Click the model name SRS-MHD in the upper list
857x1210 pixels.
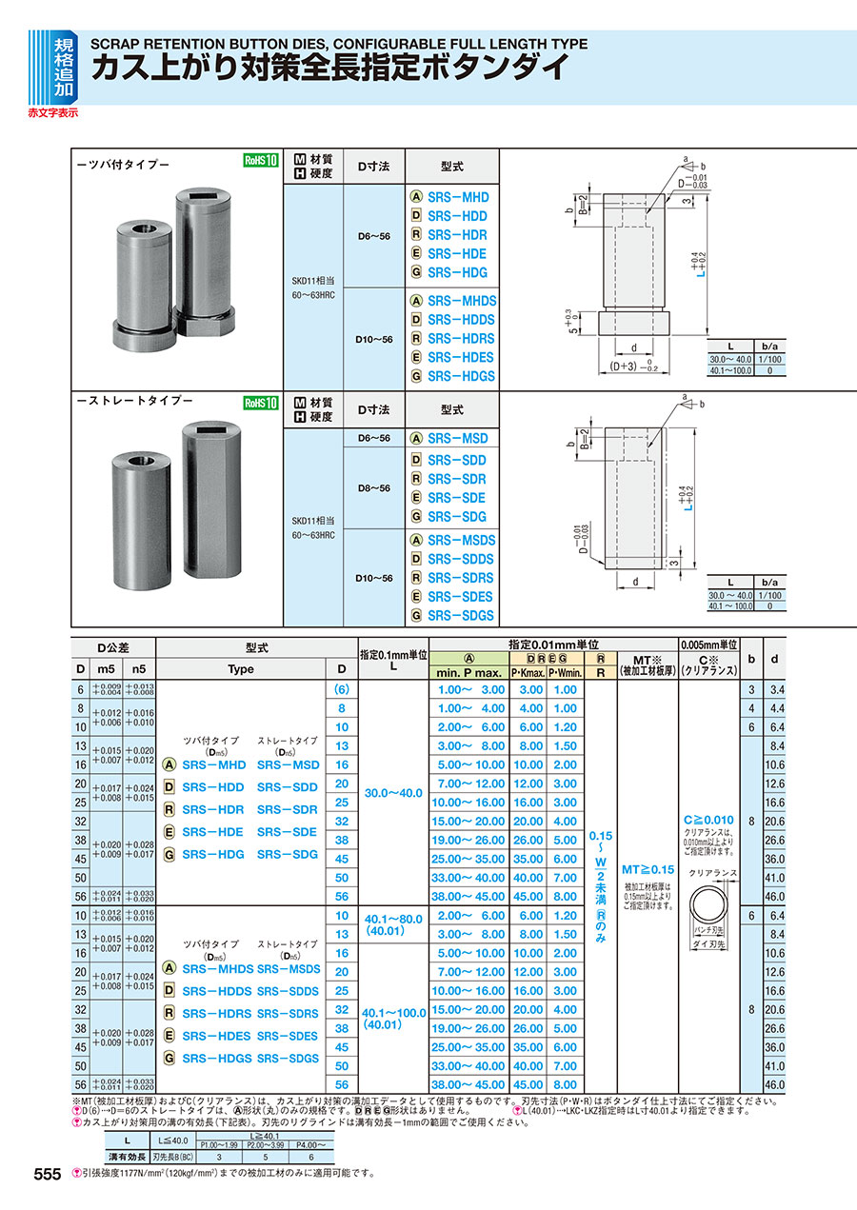[457, 197]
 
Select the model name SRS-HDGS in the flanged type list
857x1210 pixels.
[461, 376]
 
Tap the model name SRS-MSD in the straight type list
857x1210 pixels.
[457, 438]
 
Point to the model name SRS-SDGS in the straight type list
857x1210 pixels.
[461, 615]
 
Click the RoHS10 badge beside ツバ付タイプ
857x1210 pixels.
[260, 161]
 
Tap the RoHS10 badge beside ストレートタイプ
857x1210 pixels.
[260, 403]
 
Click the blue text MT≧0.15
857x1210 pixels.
[648, 869]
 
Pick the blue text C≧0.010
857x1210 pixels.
[708, 820]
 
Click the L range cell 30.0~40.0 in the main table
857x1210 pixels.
[394, 792]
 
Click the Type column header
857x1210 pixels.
[241, 669]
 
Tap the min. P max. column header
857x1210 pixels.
[468, 672]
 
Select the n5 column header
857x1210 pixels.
[138, 669]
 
